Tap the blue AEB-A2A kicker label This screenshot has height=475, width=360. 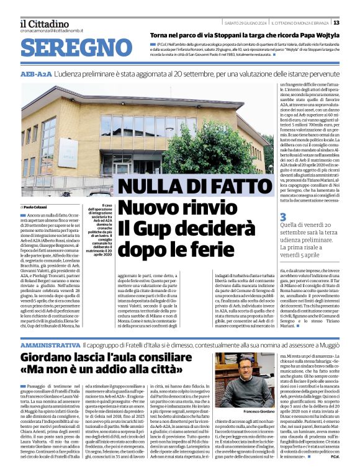coord(36,73)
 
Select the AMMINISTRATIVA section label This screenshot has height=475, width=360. coord(50,343)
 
